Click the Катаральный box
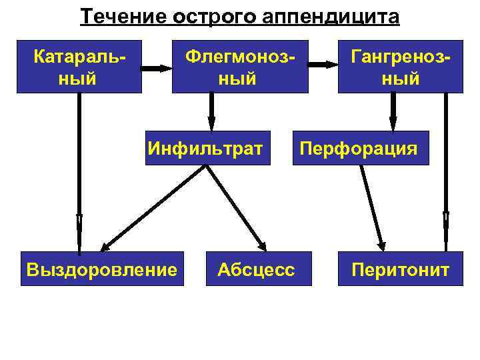[x=79, y=67]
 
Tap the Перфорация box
[x=359, y=147]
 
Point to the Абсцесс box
[x=256, y=269]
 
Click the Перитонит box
[x=400, y=269]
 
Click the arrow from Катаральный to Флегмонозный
[x=157, y=67]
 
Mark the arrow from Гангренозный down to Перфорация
[x=393, y=111]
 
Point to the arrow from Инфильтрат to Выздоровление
[x=153, y=206]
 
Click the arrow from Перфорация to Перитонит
[x=373, y=206]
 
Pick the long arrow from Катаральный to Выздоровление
[x=79, y=173]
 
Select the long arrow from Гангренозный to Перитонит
[x=445, y=173]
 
